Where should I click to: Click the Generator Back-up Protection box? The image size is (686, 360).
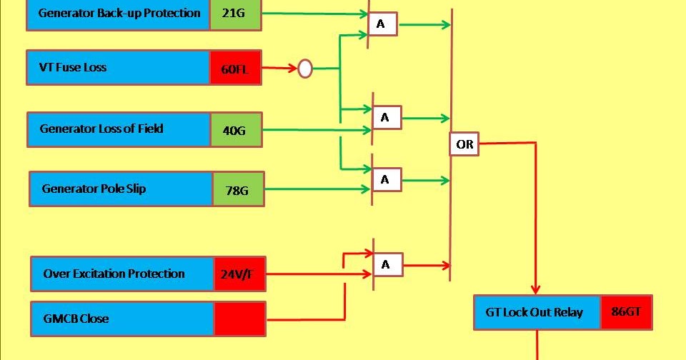click(x=119, y=14)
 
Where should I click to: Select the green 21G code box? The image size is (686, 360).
click(x=236, y=14)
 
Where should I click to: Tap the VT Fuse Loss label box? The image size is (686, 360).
click(x=119, y=68)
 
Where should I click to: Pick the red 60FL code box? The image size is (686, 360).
click(x=236, y=68)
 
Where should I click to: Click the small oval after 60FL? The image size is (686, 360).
click(x=305, y=69)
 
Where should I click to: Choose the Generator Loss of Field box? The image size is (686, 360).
click(x=119, y=129)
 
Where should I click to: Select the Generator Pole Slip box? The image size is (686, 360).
click(x=121, y=189)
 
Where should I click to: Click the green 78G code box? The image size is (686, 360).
click(x=238, y=189)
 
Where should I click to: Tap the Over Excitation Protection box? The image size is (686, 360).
click(x=123, y=274)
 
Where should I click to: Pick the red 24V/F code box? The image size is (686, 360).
click(x=239, y=274)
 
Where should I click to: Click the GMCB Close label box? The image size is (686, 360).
click(x=123, y=319)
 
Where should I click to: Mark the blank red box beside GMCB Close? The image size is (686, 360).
click(x=239, y=319)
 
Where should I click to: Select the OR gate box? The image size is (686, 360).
click(x=464, y=144)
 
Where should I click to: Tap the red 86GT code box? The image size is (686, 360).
click(x=626, y=312)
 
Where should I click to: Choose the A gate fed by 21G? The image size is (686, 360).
click(x=382, y=24)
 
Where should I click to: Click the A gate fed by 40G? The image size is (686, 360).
click(x=387, y=118)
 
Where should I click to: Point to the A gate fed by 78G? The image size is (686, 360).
click(x=387, y=180)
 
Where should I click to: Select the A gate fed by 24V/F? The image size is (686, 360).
click(x=387, y=265)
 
